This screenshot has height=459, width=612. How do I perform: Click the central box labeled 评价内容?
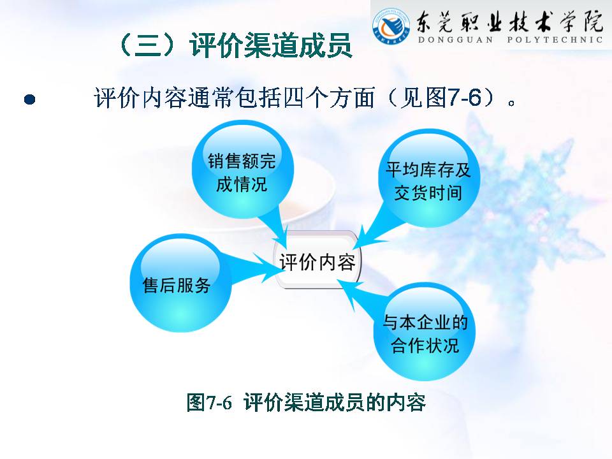pos(317,260)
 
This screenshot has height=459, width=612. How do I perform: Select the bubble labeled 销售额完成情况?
pos(242,170)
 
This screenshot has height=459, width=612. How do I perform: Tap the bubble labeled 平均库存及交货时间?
pos(429,178)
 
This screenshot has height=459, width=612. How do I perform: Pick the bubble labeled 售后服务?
pos(180,283)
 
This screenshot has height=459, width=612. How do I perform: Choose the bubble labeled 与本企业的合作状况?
pos(425,331)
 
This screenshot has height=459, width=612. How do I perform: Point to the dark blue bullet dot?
pos(30,99)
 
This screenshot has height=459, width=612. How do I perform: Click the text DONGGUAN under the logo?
pos(455,40)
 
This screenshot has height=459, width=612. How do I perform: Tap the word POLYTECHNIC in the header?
pos(555,40)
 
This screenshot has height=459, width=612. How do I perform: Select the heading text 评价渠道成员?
pos(271,45)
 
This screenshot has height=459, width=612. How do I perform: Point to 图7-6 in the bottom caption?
pos(209,402)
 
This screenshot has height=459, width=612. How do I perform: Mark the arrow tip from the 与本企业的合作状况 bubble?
pos(338,280)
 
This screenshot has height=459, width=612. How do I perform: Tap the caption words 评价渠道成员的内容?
pos(335,402)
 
